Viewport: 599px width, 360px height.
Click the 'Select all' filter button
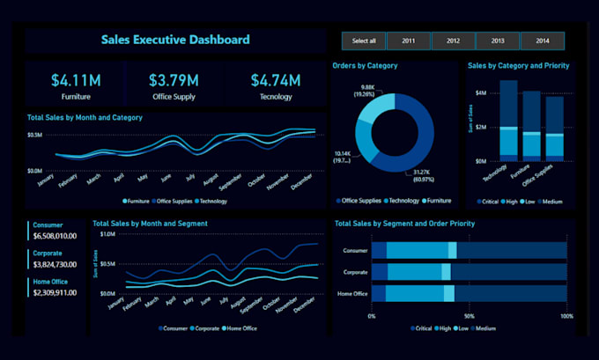364,40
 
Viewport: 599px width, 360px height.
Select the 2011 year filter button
409,40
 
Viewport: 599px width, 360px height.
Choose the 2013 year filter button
498,40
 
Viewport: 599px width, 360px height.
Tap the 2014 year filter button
542,40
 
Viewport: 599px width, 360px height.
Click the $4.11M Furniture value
75,81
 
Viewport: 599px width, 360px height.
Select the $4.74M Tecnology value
276,81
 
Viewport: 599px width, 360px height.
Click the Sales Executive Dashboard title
175,40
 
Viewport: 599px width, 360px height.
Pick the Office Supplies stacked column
553,129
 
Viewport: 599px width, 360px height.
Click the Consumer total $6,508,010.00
55,236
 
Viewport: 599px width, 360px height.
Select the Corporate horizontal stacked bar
469,272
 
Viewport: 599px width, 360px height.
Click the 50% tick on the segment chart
469,315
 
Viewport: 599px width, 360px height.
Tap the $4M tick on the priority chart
480,92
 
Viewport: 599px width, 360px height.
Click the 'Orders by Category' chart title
365,66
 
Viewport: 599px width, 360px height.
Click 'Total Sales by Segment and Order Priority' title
405,224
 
